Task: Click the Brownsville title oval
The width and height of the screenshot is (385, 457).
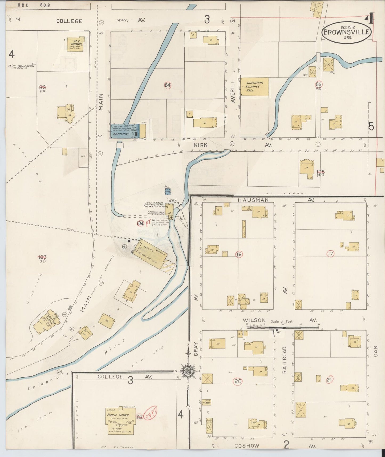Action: pyautogui.click(x=346, y=32)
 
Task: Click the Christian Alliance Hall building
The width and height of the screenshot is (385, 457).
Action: pyautogui.click(x=255, y=87)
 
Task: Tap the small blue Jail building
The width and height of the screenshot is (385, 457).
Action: pyautogui.click(x=168, y=191)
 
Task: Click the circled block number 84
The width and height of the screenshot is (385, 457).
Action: pyautogui.click(x=167, y=85)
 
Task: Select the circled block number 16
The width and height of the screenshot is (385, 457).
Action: pyautogui.click(x=239, y=254)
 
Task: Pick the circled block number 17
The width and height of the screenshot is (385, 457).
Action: pyautogui.click(x=330, y=254)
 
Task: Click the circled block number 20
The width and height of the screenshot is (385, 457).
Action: pyautogui.click(x=238, y=381)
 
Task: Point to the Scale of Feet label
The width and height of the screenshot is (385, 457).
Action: pyautogui.click(x=282, y=322)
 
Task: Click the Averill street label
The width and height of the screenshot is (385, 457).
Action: pyautogui.click(x=233, y=92)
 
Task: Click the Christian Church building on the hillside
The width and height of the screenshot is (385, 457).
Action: pyautogui.click(x=47, y=322)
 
